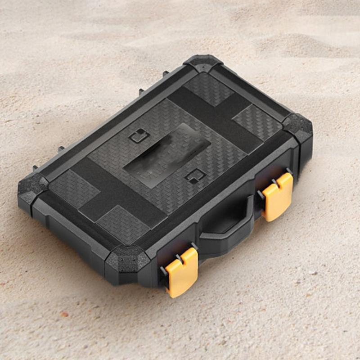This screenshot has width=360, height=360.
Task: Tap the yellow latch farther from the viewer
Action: [x=278, y=196]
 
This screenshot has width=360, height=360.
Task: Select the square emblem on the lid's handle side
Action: [x=194, y=176]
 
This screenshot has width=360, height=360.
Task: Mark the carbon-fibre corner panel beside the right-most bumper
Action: [x=257, y=121]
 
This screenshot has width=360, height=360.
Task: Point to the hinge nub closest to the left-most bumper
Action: [x=35, y=168]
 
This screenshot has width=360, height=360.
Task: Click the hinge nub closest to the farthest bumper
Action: [x=165, y=72]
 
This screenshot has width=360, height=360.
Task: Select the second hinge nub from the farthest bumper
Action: [x=141, y=91]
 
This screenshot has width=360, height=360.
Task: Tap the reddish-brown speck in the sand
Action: [x=64, y=314]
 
